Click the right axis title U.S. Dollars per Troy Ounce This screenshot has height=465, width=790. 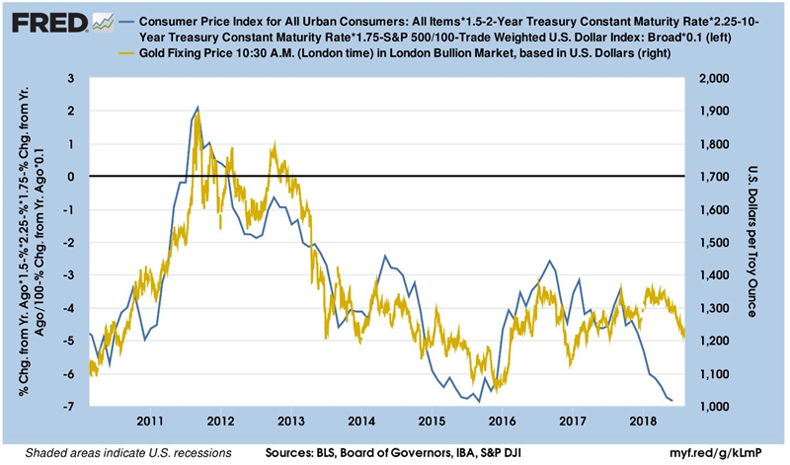point(751,242)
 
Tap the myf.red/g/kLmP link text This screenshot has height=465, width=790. point(729,452)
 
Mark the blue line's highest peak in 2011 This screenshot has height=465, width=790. point(197,107)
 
